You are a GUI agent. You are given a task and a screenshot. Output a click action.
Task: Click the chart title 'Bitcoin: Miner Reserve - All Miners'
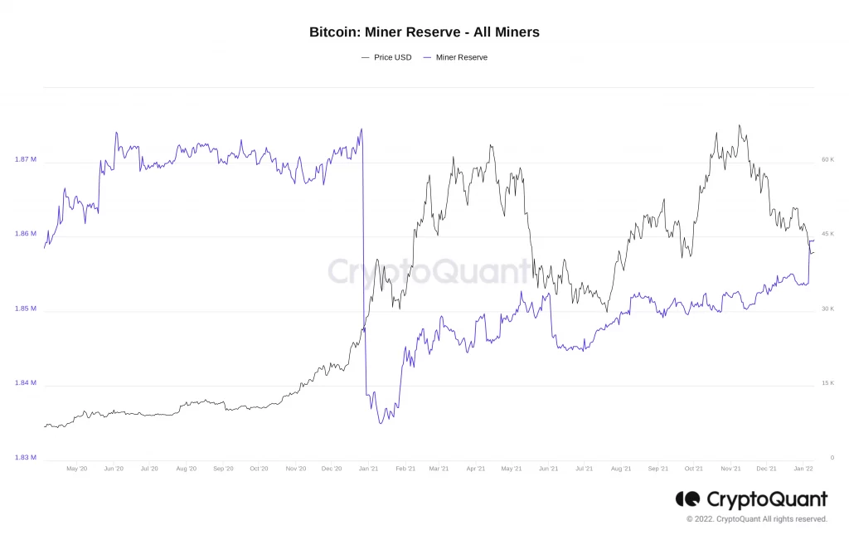[x=424, y=32]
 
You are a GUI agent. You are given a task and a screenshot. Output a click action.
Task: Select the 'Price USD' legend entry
[x=386, y=57]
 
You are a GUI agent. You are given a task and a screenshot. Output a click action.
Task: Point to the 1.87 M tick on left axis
[x=26, y=159]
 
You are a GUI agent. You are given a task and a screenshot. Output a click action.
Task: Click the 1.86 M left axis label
[x=26, y=234]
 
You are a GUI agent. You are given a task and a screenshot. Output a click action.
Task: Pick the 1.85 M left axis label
[x=26, y=309]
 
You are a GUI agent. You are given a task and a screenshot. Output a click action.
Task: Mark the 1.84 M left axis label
[x=26, y=383]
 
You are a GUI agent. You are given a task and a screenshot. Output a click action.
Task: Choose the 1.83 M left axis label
[x=26, y=457]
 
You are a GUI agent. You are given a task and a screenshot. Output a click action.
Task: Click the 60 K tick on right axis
[x=827, y=159]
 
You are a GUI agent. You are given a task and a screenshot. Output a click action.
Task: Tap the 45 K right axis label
[x=827, y=234]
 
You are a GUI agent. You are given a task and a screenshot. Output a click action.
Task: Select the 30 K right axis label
[x=827, y=309]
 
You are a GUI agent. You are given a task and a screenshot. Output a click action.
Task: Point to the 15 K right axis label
[x=827, y=383]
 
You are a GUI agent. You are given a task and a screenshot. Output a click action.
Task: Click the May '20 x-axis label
[x=76, y=469]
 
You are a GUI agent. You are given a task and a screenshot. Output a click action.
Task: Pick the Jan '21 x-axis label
[x=369, y=469]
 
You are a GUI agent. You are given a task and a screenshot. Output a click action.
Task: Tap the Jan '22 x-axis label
[x=803, y=469]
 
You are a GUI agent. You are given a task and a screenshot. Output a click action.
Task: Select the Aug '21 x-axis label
[x=621, y=469]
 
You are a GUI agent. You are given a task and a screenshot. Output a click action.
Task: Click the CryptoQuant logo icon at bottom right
[x=687, y=499]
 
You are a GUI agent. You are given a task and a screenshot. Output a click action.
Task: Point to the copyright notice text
[x=756, y=519]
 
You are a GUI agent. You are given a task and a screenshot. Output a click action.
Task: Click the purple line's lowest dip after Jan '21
[x=381, y=423]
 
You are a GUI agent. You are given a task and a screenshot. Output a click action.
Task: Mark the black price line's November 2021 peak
[x=739, y=126]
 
